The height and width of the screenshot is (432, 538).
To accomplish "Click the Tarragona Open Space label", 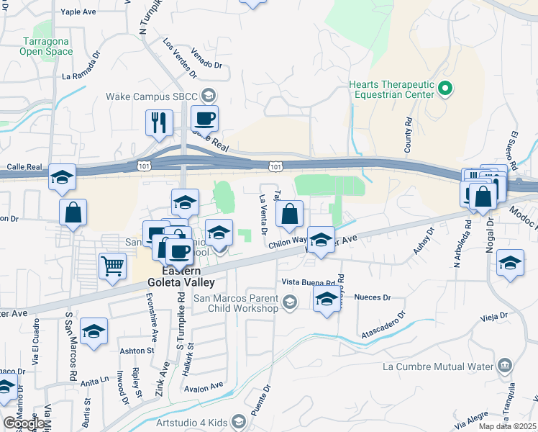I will (x=46, y=46).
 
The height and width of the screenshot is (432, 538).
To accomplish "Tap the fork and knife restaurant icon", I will (x=158, y=122).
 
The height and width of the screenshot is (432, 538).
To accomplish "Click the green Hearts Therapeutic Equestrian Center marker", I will (x=445, y=89).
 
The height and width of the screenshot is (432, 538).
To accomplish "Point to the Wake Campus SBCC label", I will (x=152, y=96).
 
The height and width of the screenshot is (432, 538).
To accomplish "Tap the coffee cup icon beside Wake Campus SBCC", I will (x=204, y=118).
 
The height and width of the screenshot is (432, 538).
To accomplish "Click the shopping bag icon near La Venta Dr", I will (x=288, y=214).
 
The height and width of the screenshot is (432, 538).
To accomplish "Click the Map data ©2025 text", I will (x=508, y=426).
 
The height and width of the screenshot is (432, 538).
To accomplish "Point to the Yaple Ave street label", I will (x=80, y=12).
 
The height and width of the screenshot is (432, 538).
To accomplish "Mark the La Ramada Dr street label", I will (x=87, y=75).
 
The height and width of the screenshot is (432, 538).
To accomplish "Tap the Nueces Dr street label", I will (x=373, y=297).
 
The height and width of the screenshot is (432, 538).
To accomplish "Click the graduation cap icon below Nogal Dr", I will (x=510, y=264).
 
